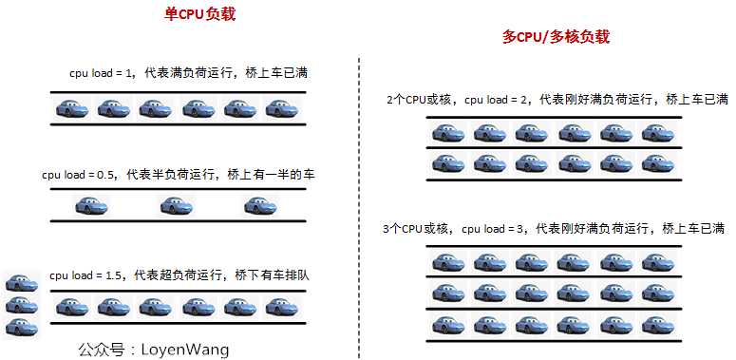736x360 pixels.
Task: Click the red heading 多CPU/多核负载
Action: tap(556, 37)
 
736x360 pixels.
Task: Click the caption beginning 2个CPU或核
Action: tap(557, 99)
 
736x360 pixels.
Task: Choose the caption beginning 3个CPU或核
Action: tap(554, 229)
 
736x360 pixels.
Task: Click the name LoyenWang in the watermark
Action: tap(184, 349)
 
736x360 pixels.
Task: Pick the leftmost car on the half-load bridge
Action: tap(92, 205)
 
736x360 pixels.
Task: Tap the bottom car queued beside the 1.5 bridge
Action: tap(21, 328)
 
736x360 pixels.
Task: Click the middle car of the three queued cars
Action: tap(21, 305)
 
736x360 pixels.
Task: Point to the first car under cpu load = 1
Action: tap(72, 109)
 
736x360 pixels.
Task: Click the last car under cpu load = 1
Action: tap(282, 109)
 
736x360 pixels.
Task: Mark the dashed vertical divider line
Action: tap(359, 204)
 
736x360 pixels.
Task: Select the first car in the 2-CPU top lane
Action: tap(448, 132)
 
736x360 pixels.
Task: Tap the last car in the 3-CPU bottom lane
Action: tap(657, 325)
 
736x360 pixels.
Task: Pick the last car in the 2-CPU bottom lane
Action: tap(657, 162)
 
